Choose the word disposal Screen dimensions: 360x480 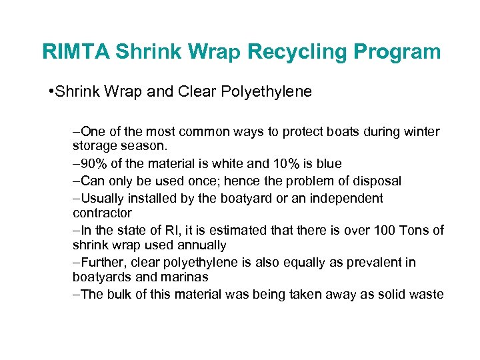tap(378, 181)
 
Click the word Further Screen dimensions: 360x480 tap(102, 263)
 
